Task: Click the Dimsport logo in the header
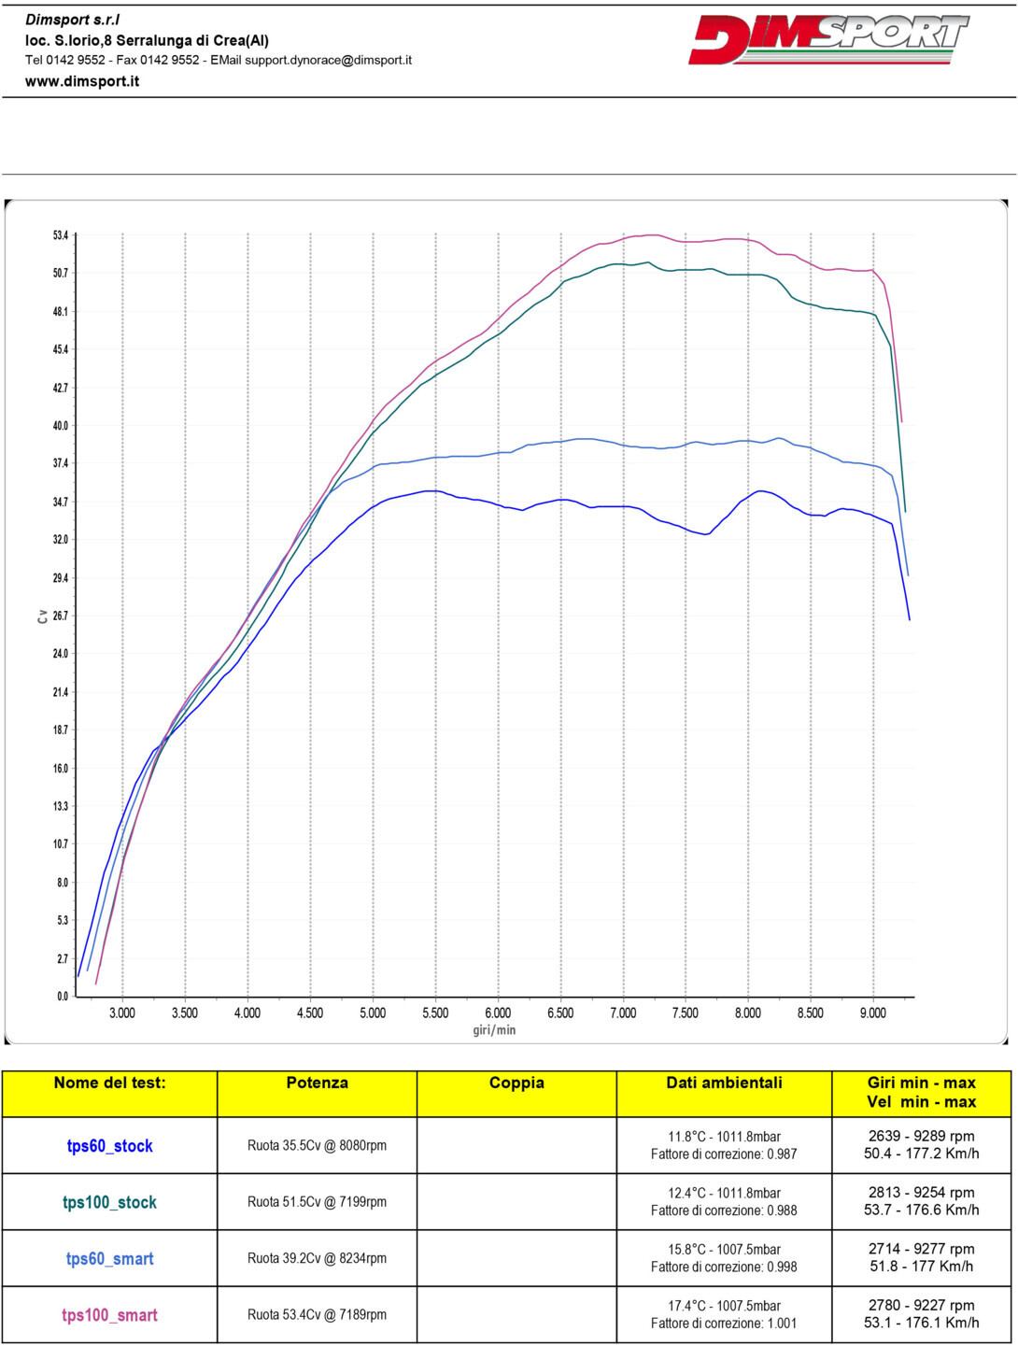[x=828, y=39]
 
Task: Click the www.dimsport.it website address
[x=82, y=81]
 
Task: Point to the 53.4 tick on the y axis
[x=61, y=235]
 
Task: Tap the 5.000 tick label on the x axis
[x=373, y=1013]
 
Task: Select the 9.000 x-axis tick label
[x=872, y=1013]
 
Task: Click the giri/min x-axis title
[x=494, y=1030]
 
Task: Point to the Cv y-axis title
[x=42, y=616]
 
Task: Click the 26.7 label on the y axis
[x=61, y=616]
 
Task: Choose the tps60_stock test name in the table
[x=109, y=1146]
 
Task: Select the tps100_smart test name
[x=109, y=1315]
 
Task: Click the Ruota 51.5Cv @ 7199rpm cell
[x=317, y=1202]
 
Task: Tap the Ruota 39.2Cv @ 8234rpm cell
[x=317, y=1258]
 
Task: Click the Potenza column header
[x=317, y=1083]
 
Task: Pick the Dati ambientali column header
[x=724, y=1083]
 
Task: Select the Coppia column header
[x=516, y=1083]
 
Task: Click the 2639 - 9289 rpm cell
[x=921, y=1137]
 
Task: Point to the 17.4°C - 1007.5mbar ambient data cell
[x=724, y=1306]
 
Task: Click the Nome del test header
[x=109, y=1083]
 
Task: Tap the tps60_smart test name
[x=109, y=1259]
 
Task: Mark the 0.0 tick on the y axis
[x=63, y=997]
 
